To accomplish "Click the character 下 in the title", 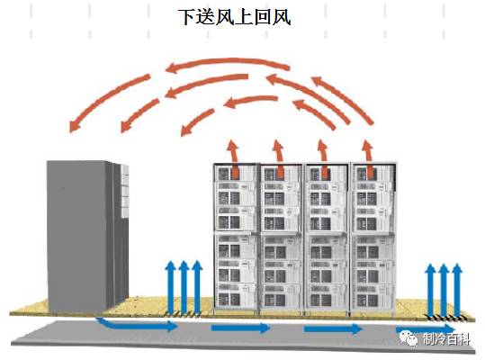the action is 188,17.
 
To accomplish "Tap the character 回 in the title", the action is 263,17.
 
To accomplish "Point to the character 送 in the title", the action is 206,17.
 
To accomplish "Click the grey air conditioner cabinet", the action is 87,236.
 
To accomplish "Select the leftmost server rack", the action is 236,238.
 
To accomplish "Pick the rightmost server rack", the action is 373,239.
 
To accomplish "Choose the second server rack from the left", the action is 282,238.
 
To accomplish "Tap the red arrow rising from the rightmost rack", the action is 368,159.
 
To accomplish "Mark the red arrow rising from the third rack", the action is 323,159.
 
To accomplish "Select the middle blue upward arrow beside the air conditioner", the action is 184,286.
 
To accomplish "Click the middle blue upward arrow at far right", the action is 444,290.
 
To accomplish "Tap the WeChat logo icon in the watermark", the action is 409,337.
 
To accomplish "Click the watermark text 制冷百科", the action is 445,339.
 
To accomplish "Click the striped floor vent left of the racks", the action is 184,314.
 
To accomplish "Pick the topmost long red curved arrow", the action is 228,63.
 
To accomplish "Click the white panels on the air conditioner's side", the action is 124,191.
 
